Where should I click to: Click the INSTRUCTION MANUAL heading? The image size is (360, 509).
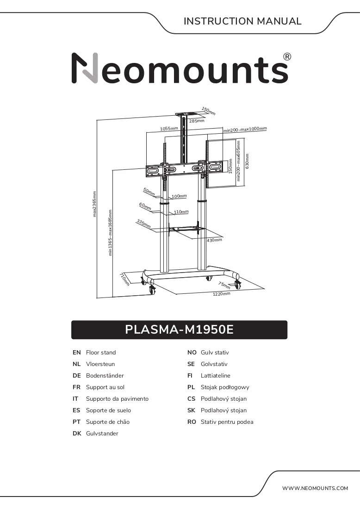click(x=242, y=21)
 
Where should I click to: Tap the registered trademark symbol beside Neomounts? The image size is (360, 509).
click(x=287, y=57)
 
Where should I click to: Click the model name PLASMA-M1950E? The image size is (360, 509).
click(x=179, y=329)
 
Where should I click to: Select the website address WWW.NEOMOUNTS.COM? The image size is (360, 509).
click(x=315, y=488)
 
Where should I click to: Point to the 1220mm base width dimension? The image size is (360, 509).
click(x=221, y=294)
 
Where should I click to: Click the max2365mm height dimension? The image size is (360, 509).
click(x=94, y=204)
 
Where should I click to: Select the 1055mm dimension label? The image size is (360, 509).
click(x=169, y=129)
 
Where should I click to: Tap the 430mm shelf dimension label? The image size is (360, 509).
click(x=215, y=240)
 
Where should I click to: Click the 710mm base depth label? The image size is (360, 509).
click(x=124, y=279)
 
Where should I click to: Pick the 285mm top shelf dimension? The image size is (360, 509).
click(x=197, y=121)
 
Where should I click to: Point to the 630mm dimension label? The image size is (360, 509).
click(x=247, y=161)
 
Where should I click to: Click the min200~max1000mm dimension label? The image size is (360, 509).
click(x=245, y=129)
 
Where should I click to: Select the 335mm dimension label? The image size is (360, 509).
click(x=143, y=223)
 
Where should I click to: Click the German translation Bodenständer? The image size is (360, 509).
click(x=105, y=376)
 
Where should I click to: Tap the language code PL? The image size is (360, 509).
click(x=191, y=387)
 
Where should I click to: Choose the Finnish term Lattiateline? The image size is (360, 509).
click(x=216, y=376)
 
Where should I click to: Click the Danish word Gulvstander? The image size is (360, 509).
click(x=102, y=434)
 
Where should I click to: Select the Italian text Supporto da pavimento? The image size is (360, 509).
click(x=117, y=398)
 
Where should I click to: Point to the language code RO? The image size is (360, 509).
click(x=192, y=422)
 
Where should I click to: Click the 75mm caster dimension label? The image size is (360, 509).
click(x=224, y=285)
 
